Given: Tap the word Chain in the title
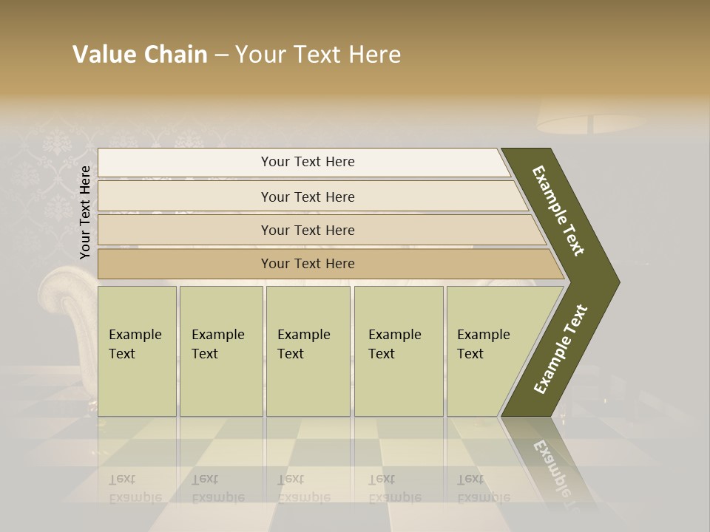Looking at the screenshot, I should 175,55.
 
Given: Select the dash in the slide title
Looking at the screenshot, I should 221,55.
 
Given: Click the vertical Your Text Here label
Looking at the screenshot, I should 85,212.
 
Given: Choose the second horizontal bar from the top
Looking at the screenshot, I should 308,197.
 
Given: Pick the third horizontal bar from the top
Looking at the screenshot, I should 308,230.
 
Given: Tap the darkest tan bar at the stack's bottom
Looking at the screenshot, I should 308,264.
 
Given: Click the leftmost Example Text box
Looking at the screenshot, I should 137,351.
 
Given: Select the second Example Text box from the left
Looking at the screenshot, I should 221,351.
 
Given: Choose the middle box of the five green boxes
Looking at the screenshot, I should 308,351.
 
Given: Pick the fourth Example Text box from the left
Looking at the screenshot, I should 399,351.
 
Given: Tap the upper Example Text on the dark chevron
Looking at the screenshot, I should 558,211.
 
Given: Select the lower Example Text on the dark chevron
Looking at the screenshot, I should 561,349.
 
